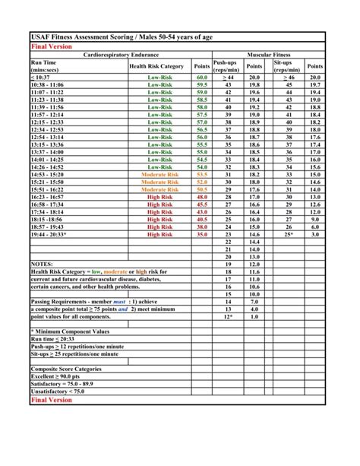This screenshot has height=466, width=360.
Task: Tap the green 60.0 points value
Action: point(202,78)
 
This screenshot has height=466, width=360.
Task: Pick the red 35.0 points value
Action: point(202,235)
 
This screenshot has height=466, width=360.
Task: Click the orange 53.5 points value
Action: point(202,174)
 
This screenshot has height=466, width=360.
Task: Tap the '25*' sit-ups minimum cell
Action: point(289,235)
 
